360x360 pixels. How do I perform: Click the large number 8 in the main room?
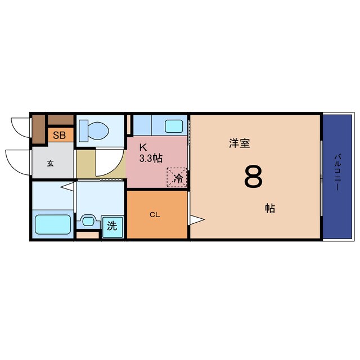(253, 177)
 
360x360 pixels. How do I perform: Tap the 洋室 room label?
(239, 143)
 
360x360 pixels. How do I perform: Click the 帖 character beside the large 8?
(271, 208)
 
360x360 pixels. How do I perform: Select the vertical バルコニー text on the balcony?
(337, 171)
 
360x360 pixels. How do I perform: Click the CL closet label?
(154, 214)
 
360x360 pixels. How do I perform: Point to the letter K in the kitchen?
(143, 147)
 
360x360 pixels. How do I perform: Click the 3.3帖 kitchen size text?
(151, 158)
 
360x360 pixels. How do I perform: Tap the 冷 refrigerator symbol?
(178, 179)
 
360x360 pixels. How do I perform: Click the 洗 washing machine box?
(112, 226)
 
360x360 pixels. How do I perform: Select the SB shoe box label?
(59, 135)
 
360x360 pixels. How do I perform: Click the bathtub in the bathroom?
(53, 224)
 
